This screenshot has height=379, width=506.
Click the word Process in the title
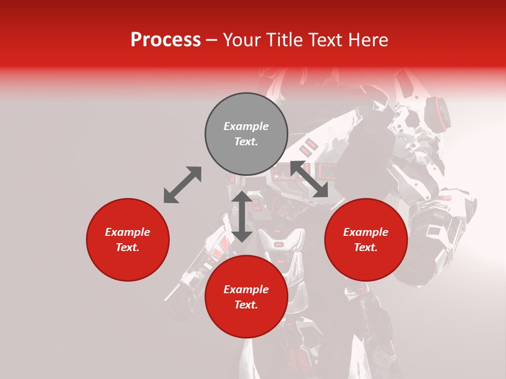[x=166, y=40]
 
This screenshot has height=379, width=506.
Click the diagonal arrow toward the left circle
[x=182, y=185]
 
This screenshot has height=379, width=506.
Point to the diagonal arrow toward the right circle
[x=309, y=179]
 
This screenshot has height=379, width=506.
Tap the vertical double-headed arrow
[x=242, y=216]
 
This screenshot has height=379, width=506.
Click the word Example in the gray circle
[x=246, y=126]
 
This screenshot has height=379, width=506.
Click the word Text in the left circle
[x=128, y=247]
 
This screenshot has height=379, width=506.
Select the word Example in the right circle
[x=366, y=232]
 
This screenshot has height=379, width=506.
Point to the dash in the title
[x=211, y=41]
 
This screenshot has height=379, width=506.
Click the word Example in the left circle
[x=128, y=232]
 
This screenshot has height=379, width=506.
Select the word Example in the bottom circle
[x=246, y=290]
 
